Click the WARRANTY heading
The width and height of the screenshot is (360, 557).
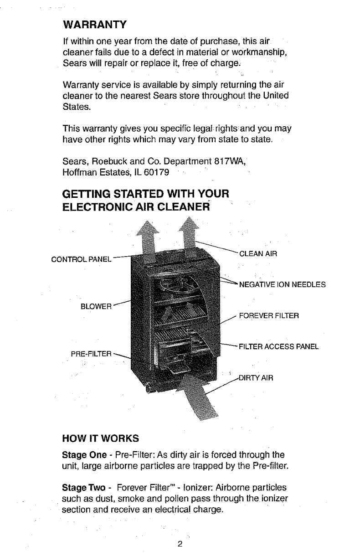(94, 23)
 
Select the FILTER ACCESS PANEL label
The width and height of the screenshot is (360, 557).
(278, 346)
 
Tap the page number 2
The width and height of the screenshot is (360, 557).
(180, 544)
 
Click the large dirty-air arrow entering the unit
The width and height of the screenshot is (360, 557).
(191, 397)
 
